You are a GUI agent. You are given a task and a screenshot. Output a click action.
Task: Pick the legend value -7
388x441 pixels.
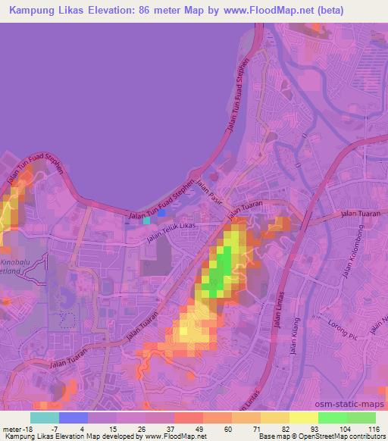(x=65, y=428)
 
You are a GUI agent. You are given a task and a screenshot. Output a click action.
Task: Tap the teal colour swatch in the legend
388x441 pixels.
(x=45, y=417)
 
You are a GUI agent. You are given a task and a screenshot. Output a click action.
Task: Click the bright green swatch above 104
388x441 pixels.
(x=333, y=417)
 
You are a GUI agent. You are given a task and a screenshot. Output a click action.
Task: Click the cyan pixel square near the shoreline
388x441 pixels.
(x=146, y=222)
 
